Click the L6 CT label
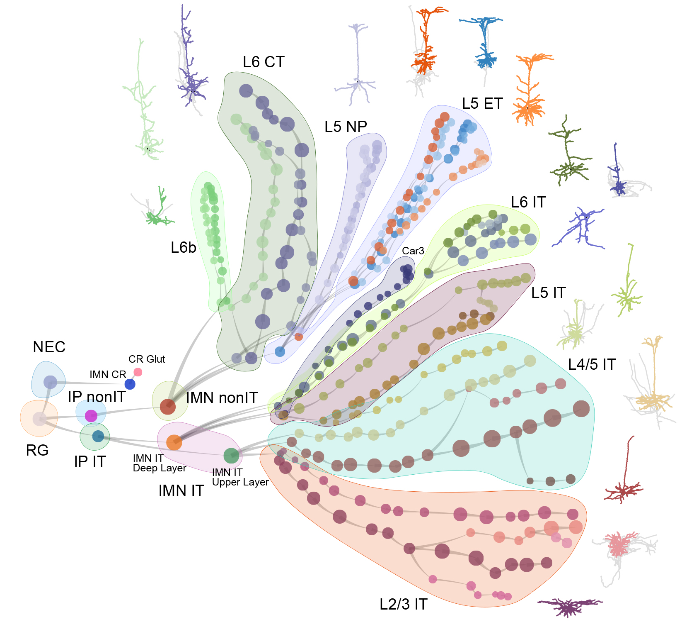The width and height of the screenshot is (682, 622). tap(264, 62)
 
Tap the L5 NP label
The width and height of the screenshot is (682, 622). tap(346, 127)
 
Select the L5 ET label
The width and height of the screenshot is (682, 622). tap(482, 103)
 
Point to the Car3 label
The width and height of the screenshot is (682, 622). tap(413, 251)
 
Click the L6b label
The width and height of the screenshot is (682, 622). tap(183, 248)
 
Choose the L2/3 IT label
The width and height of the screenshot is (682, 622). tap(403, 604)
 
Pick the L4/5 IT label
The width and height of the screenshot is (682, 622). tap(592, 364)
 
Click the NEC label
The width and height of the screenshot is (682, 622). tap(49, 347)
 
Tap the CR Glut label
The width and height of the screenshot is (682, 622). tap(147, 359)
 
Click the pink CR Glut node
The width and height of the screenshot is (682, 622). tap(138, 372)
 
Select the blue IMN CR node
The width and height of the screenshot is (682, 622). tap(130, 384)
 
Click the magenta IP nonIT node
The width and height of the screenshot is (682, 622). tap(91, 415)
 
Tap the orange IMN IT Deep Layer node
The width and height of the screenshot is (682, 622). tap(174, 442)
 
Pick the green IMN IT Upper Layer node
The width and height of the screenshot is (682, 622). tap(231, 456)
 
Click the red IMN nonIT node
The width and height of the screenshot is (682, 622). tap(168, 407)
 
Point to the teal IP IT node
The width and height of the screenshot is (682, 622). tap(98, 436)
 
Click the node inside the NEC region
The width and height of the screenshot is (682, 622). tap(50, 382)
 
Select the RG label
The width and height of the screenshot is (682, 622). tap(37, 450)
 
